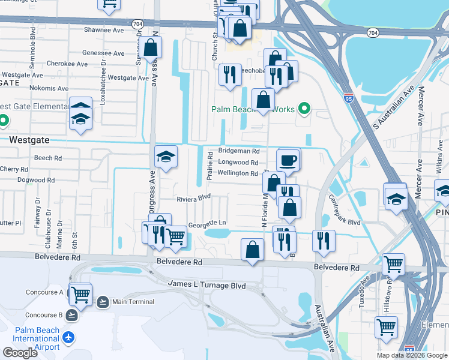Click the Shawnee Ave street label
104,29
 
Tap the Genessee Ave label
103,52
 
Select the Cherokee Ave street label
67,64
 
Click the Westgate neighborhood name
29,139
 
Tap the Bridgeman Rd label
238,152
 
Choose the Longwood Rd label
238,163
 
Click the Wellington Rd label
238,173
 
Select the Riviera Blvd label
194,197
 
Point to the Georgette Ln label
207,223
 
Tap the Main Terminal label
133,302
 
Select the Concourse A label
44,292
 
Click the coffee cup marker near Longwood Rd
289,160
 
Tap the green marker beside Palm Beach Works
304,109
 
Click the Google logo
20,353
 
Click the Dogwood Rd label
35,180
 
